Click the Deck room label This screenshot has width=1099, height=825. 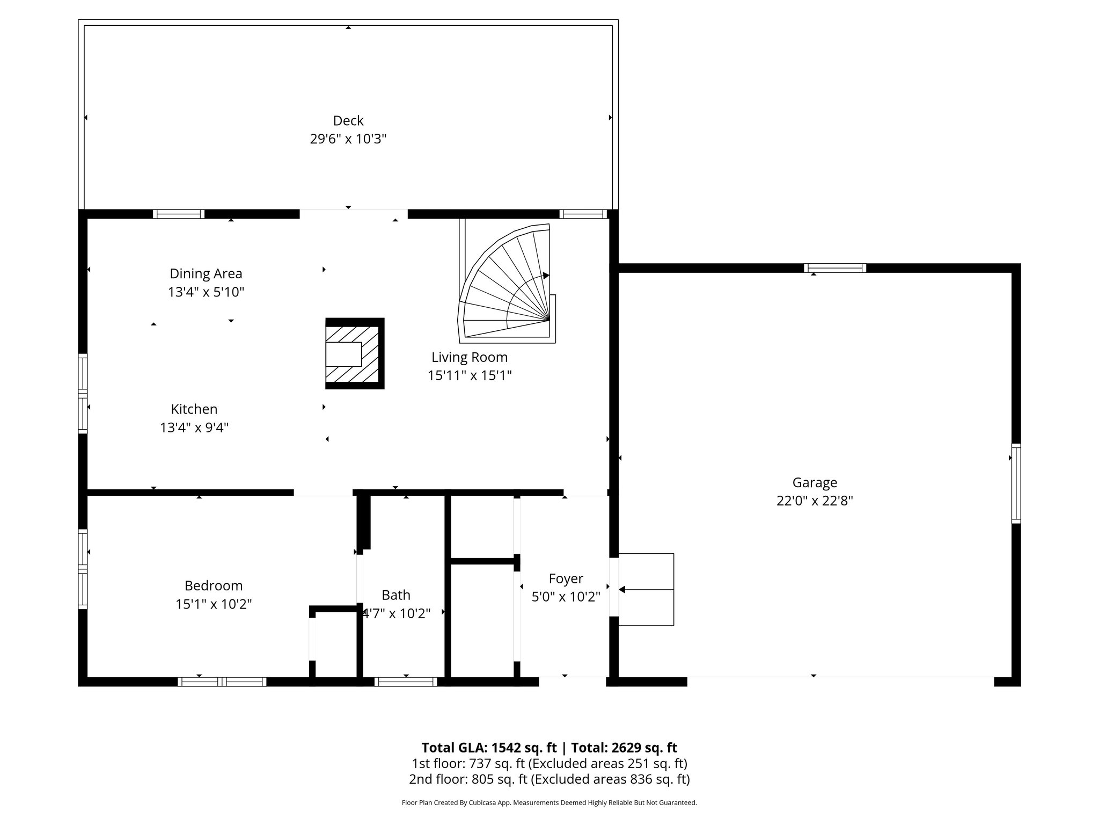(348, 120)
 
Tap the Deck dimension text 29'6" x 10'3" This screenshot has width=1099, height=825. (348, 139)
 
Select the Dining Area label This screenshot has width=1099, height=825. (206, 273)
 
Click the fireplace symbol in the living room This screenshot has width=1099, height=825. (355, 353)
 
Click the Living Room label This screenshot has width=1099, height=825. (469, 357)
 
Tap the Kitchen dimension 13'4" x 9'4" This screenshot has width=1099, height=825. (194, 428)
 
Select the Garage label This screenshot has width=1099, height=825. (814, 482)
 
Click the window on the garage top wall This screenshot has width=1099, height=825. (834, 268)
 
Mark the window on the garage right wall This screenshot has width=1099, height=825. (1016, 483)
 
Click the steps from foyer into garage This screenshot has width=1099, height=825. (646, 589)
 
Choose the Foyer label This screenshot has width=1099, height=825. (566, 578)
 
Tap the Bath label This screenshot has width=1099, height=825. (395, 595)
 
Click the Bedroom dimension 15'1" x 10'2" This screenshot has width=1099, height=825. (214, 604)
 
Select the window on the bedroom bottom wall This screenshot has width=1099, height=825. (222, 682)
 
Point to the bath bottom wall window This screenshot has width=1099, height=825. (406, 682)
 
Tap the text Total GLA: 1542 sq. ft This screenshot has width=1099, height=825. (490, 748)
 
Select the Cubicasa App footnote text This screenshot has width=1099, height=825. (549, 803)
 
